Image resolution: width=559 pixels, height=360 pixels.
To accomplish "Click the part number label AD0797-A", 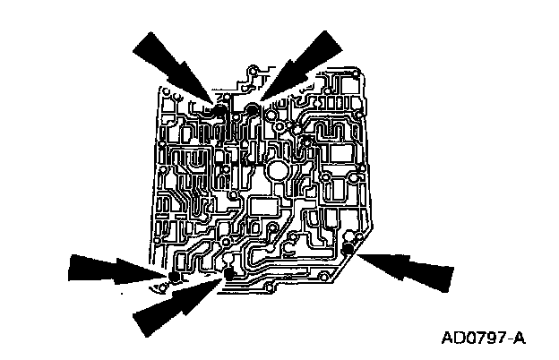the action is point(483,339).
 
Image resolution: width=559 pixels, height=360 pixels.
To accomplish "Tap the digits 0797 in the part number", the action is point(483,339).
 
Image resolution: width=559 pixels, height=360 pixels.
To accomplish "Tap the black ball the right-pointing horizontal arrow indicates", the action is point(176,277).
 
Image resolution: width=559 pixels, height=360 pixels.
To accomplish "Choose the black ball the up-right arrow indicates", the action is point(229,273).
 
